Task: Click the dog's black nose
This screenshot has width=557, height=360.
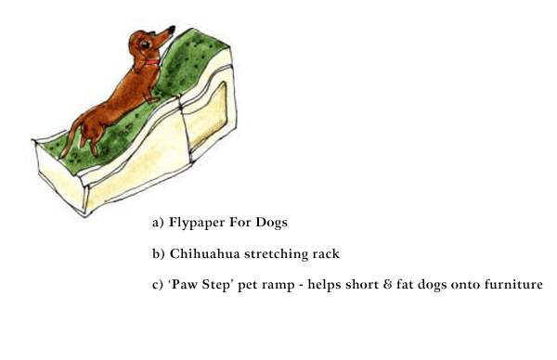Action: tap(172, 30)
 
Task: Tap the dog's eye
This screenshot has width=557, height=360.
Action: tap(146, 45)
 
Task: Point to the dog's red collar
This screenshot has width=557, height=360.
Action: tap(152, 62)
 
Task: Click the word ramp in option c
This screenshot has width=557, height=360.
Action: tap(280, 286)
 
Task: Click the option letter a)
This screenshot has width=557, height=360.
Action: tap(158, 223)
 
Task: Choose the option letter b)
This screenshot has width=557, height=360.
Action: tap(159, 254)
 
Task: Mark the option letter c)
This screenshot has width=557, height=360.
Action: tap(158, 285)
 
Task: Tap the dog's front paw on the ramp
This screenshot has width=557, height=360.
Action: tap(153, 100)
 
